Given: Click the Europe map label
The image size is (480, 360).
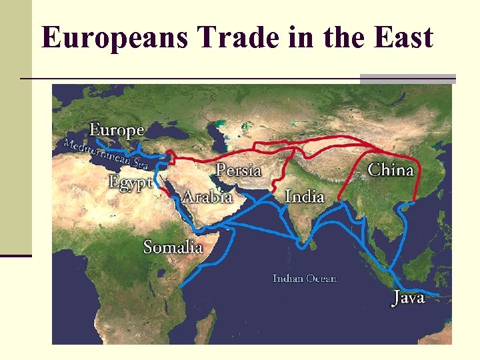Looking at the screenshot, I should coord(117,130).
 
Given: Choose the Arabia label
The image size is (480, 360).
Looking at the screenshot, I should coord(207,197).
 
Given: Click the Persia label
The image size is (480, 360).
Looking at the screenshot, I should coord(239,170).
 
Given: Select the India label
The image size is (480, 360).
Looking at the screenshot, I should coord(305,196).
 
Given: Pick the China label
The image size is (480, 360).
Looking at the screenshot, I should coord(391,169).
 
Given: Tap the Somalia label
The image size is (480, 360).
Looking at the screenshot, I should coord(173,247).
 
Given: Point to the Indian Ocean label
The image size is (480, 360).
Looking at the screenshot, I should coord(305,278).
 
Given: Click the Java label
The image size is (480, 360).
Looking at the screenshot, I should coord(408,298).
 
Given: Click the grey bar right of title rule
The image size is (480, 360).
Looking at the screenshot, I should coord(407,79).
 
